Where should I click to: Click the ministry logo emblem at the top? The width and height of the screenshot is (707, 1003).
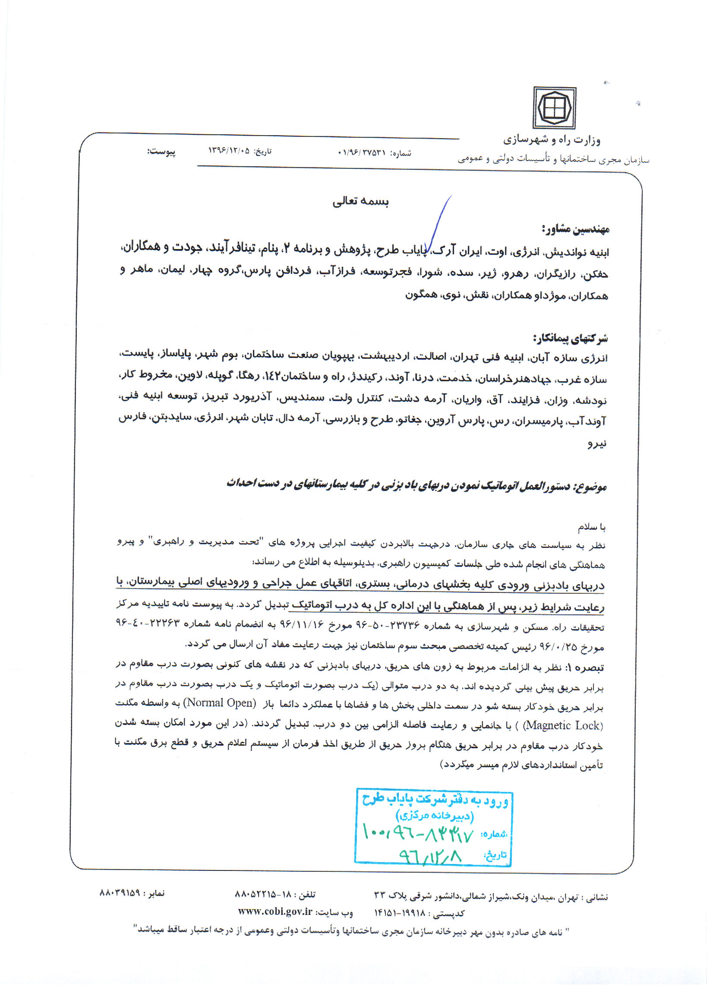point(554,108)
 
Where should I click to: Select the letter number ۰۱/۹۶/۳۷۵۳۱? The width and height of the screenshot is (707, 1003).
point(362,153)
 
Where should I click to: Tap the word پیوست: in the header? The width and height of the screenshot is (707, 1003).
point(161,152)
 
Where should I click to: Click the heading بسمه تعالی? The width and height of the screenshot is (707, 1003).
point(360,201)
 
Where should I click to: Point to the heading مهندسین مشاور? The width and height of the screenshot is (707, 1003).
point(575,228)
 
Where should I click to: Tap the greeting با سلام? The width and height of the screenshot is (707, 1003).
point(592,527)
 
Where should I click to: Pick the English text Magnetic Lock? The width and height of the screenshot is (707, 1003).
point(563,725)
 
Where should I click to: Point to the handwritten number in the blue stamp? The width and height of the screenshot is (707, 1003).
point(417,834)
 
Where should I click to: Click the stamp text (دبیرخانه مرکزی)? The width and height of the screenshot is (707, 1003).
point(435,815)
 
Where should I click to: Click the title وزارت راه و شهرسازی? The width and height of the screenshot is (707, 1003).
point(552,140)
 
